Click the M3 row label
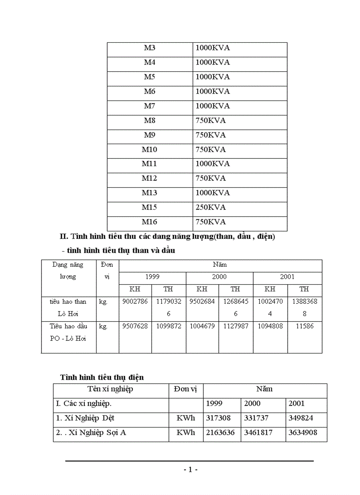pyautogui.click(x=150, y=48)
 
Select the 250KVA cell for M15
pyautogui.click(x=210, y=207)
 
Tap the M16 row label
pyautogui.click(x=150, y=222)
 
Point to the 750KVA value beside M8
pyautogui.click(x=210, y=120)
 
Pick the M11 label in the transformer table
pyautogui.click(x=150, y=164)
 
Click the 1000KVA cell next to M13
pyautogui.click(x=213, y=193)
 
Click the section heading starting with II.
pyautogui.click(x=167, y=237)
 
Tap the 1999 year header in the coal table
pyautogui.click(x=152, y=277)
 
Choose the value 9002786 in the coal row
pyautogui.click(x=135, y=302)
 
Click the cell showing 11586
pyautogui.click(x=304, y=326)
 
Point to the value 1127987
pyautogui.click(x=235, y=326)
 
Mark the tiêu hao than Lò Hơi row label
pyautogui.click(x=68, y=308)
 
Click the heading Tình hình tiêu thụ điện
pyautogui.click(x=102, y=377)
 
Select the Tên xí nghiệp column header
pyautogui.click(x=110, y=389)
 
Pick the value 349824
pyautogui.click(x=303, y=418)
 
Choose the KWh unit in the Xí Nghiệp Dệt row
pyautogui.click(x=186, y=418)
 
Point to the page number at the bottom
pyautogui.click(x=190, y=469)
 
